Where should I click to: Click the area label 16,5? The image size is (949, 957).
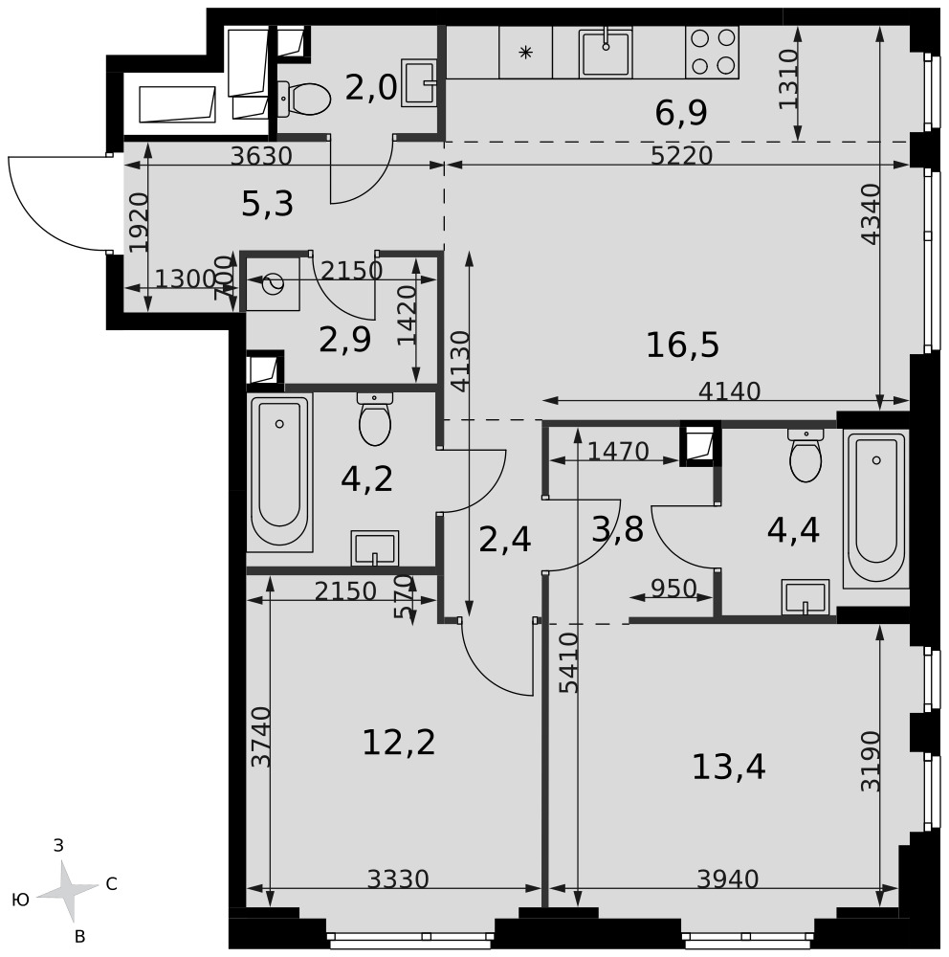tap(682, 345)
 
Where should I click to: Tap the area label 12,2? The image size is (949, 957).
tap(399, 743)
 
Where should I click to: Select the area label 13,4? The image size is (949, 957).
tap(728, 767)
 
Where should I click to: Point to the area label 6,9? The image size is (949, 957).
tap(681, 113)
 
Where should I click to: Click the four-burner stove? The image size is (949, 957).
tap(712, 52)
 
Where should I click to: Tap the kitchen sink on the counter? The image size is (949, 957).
tap(606, 53)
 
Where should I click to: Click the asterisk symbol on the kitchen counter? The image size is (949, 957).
tap(525, 53)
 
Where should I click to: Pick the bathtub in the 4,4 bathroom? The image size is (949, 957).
tap(876, 508)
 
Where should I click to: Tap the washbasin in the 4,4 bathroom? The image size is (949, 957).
tap(806, 597)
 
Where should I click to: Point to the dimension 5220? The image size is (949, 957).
tap(682, 156)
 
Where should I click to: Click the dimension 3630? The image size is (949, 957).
tap(262, 156)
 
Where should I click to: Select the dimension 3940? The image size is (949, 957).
tap(727, 879)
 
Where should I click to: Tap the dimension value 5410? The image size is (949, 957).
tap(569, 663)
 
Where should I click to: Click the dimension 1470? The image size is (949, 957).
tap(618, 452)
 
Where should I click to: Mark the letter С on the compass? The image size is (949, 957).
tap(112, 883)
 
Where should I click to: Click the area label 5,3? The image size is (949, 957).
tap(267, 204)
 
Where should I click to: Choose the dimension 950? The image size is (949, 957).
tap(673, 589)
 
